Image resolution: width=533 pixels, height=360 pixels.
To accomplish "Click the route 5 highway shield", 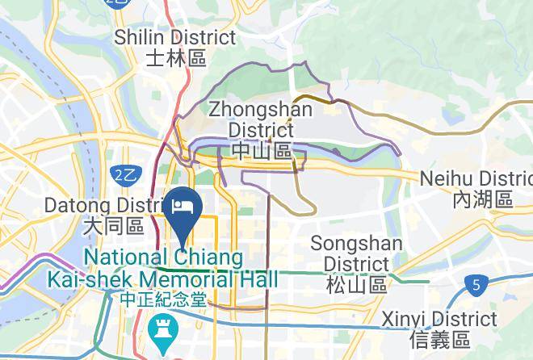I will tap(476, 284).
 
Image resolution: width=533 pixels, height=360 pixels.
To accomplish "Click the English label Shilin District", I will tap(175, 37).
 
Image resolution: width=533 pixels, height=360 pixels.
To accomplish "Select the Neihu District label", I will tap(477, 179).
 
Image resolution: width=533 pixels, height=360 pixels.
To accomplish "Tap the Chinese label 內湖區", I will tap(483, 199).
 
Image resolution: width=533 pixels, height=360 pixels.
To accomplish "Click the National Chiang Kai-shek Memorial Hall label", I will tap(163, 269).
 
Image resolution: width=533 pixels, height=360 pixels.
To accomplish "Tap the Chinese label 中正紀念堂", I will tap(162, 299).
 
